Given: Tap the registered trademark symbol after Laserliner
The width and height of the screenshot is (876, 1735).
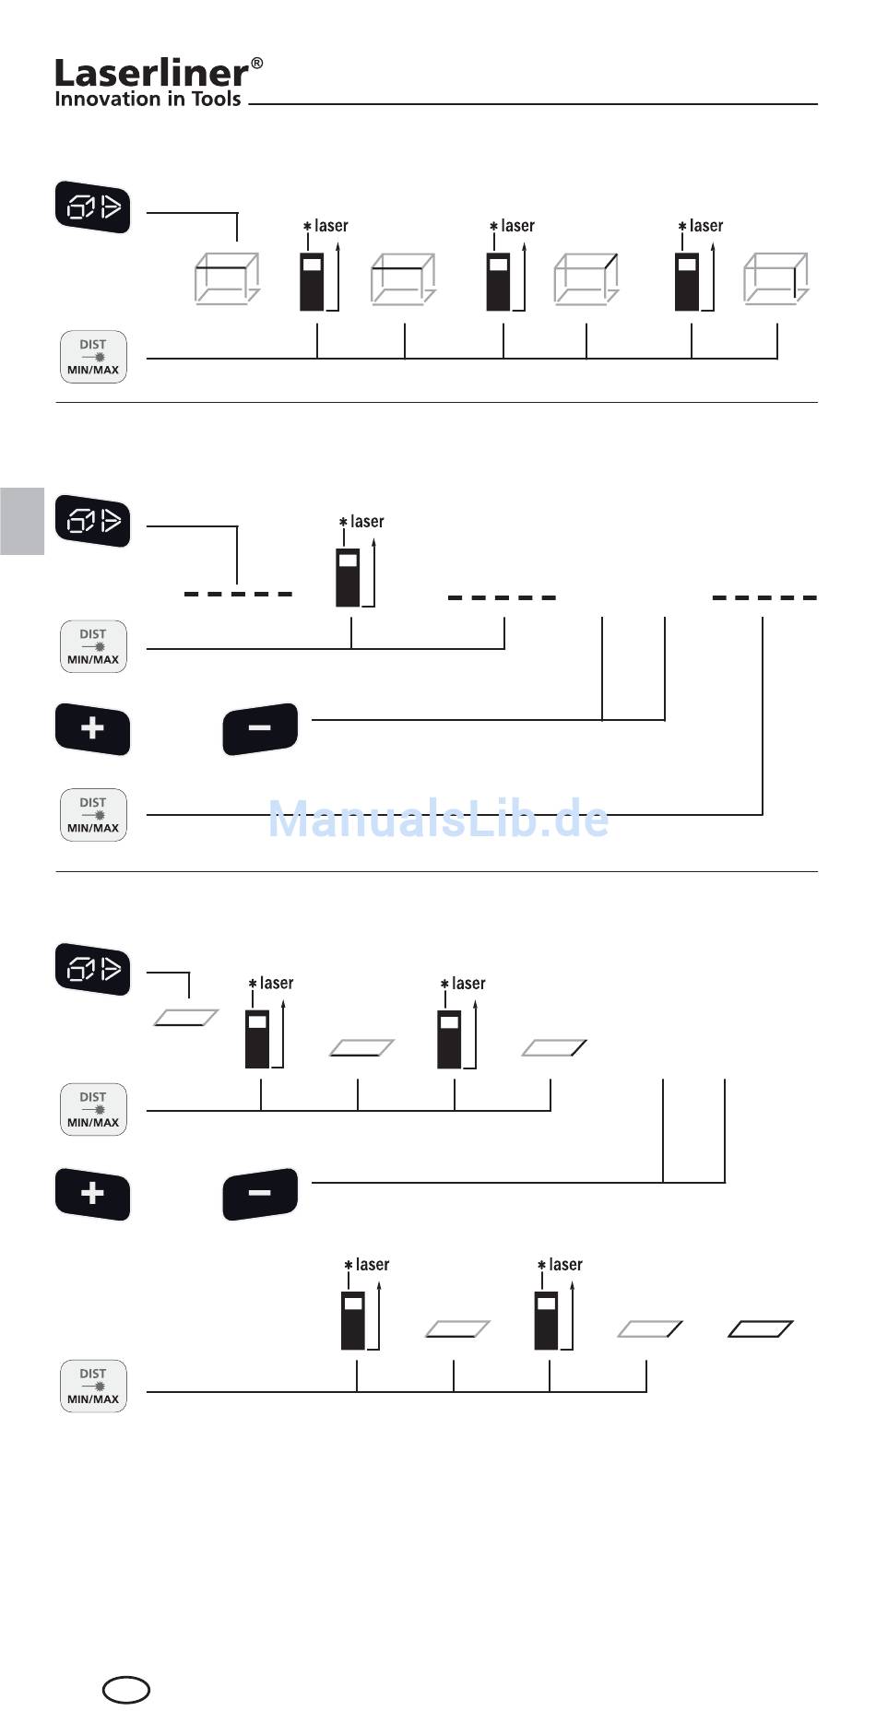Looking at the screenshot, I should pyautogui.click(x=256, y=64).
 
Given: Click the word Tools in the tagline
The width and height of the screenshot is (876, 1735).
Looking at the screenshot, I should pyautogui.click(x=216, y=99).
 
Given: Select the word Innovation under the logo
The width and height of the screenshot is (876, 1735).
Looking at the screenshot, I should pyautogui.click(x=106, y=99).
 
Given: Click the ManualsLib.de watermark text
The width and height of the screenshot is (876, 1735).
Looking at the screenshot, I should pyautogui.click(x=438, y=819).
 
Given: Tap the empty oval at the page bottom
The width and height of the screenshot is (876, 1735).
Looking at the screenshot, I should pyautogui.click(x=125, y=1690).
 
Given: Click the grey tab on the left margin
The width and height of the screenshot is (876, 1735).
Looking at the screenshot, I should pyautogui.click(x=22, y=521).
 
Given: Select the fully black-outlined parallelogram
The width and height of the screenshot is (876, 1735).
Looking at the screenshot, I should pyautogui.click(x=761, y=1328).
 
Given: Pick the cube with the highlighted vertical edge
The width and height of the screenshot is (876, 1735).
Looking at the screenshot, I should pyautogui.click(x=775, y=278).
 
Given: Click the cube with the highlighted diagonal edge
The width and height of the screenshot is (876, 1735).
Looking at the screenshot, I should pyautogui.click(x=586, y=278).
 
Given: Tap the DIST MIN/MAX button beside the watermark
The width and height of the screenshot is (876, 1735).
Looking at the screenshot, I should pyautogui.click(x=93, y=815).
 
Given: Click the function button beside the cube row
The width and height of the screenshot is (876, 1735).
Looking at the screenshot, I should pyautogui.click(x=92, y=207).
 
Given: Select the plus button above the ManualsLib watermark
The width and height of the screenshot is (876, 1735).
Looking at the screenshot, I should pyautogui.click(x=92, y=729).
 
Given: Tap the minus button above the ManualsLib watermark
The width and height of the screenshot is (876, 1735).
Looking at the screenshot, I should pyautogui.click(x=260, y=729).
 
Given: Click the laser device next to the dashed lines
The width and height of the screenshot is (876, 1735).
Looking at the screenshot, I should pyautogui.click(x=348, y=577).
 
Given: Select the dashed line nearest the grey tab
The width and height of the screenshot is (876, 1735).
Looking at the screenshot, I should pyautogui.click(x=238, y=594).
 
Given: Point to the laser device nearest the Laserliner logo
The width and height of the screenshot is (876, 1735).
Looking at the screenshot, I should pyautogui.click(x=312, y=281).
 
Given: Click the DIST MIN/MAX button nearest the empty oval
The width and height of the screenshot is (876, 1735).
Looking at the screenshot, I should pyautogui.click(x=93, y=1386).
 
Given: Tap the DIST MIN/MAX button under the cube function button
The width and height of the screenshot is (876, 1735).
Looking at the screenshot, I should pyautogui.click(x=93, y=357).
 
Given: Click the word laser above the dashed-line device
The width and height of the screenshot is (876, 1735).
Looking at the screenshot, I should pyautogui.click(x=367, y=522).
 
